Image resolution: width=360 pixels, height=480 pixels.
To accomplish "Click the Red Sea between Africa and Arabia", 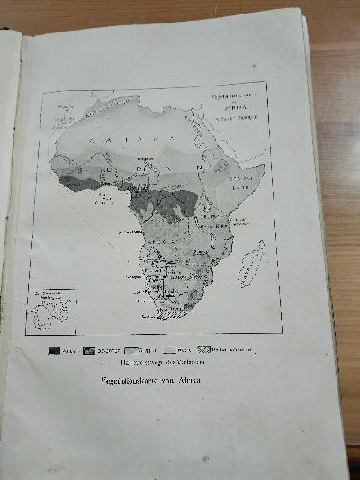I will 219,144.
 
